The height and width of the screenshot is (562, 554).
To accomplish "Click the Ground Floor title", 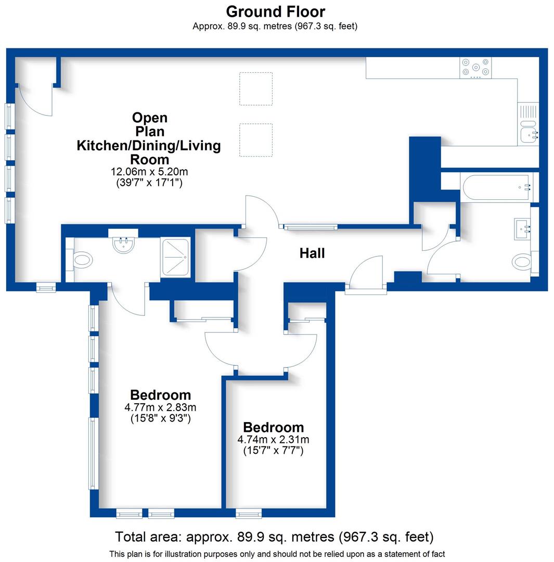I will pyautogui.click(x=275, y=11).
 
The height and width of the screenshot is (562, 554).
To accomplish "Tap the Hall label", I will pyautogui.click(x=312, y=253).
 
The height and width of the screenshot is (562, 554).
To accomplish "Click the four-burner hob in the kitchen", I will pyautogui.click(x=475, y=67).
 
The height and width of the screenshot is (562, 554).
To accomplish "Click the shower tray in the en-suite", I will pyautogui.click(x=176, y=257).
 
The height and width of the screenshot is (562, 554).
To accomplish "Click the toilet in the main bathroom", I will pyautogui.click(x=522, y=261).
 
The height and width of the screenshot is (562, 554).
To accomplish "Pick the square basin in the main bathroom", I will pyautogui.click(x=522, y=229).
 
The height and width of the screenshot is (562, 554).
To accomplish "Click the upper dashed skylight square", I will pyautogui.click(x=255, y=88).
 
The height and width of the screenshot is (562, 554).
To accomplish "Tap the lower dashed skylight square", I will pyautogui.click(x=255, y=140).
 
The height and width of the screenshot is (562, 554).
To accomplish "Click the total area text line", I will pyautogui.click(x=274, y=537).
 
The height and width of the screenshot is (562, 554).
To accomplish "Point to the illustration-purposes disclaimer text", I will pyautogui.click(x=277, y=554).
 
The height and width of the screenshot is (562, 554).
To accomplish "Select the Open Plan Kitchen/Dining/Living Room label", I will pyautogui.click(x=149, y=138).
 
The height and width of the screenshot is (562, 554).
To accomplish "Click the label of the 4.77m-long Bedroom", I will pyautogui.click(x=160, y=395).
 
